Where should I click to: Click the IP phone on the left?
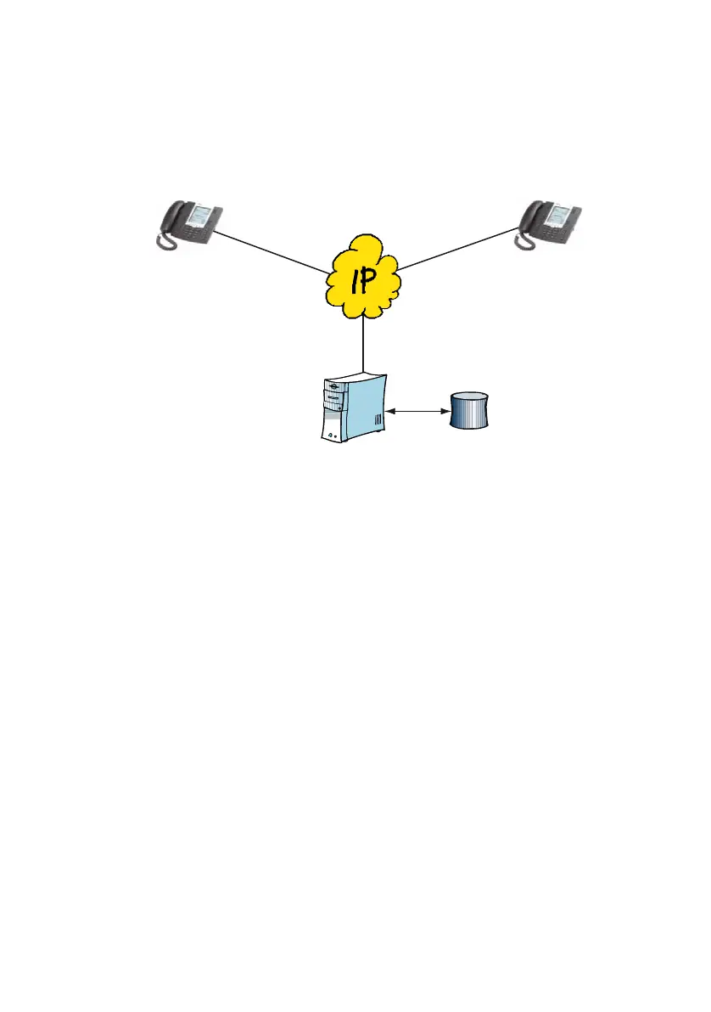point(188,226)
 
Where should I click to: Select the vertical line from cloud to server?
point(363,344)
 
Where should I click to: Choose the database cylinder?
point(469,410)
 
